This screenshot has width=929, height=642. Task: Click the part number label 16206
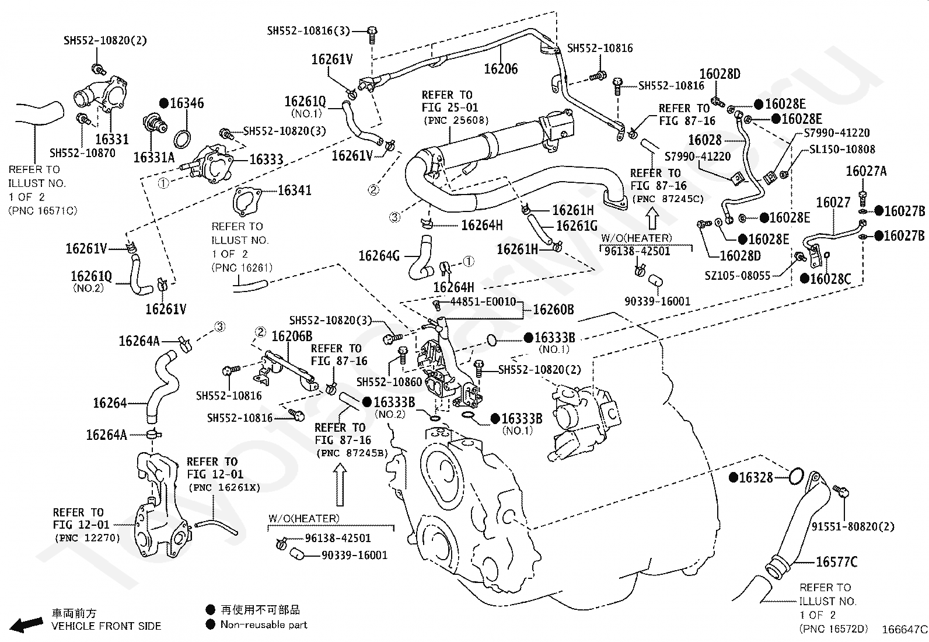pos(501,68)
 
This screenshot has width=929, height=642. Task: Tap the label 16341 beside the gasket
pos(295,190)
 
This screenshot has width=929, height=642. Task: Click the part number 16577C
pos(836,562)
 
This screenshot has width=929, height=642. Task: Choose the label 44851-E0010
pos(483,301)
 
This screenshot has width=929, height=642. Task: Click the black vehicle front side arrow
pos(26,624)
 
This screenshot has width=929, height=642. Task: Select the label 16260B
pos(553,310)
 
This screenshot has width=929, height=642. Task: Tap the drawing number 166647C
pos(904,630)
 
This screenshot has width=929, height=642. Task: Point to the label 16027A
pos(866,171)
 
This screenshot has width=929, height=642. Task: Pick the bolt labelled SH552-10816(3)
pos(372,35)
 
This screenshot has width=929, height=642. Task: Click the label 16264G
pos(379,256)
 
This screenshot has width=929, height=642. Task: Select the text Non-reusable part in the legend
pos(264,624)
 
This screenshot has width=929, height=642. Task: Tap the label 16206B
pos(292,336)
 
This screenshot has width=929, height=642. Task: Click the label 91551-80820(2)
pos(853,526)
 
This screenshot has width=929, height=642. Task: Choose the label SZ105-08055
pos(738,275)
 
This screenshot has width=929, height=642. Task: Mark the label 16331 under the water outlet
pos(112,139)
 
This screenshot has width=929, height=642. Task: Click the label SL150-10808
pos(842,149)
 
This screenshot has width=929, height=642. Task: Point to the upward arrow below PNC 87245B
pos(340,484)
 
